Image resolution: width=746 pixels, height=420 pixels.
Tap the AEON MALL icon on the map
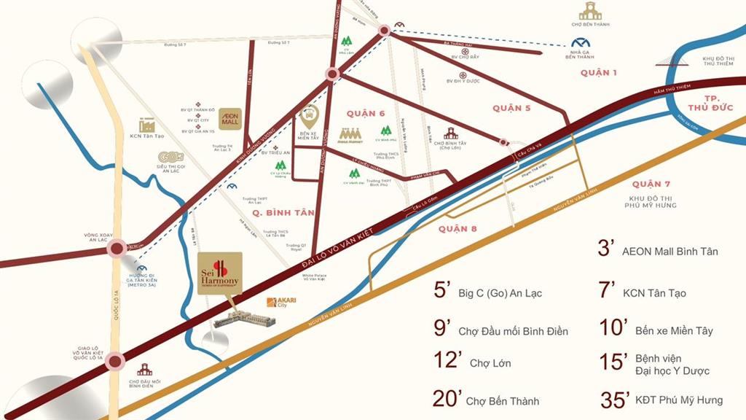point(230,119)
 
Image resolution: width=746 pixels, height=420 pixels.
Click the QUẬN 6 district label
point(366,113)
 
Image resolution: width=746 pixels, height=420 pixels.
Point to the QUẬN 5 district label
point(511,108)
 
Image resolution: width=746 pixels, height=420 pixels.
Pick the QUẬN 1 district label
point(599,73)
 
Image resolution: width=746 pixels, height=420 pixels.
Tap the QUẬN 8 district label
point(458,229)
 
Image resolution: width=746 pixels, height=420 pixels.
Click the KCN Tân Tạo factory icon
point(146,125)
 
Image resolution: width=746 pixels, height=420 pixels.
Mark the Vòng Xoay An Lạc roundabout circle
point(116,249)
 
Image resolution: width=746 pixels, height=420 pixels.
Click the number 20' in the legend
point(447,399)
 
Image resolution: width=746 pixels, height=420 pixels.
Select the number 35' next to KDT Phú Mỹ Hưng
point(616,400)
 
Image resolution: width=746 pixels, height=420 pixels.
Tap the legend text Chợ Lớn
point(490,363)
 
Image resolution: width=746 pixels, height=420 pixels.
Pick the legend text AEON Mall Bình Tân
point(670,252)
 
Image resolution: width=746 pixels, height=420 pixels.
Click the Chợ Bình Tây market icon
point(451,133)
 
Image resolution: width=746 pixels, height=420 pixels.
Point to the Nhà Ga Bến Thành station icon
point(581,45)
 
